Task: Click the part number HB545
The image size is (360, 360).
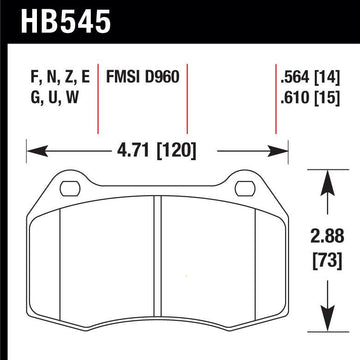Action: click(65, 21)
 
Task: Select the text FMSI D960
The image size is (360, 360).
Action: click(143, 78)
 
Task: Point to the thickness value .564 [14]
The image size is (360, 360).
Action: click(310, 78)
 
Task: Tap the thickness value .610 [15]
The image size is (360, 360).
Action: click(310, 98)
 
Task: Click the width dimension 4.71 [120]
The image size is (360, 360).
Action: click(156, 151)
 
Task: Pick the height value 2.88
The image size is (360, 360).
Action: click(327, 237)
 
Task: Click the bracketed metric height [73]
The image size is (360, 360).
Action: click(327, 260)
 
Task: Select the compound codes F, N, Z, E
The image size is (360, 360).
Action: click(60, 78)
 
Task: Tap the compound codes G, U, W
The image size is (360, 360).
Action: click(54, 98)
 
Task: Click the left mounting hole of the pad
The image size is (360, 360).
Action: click(70, 189)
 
